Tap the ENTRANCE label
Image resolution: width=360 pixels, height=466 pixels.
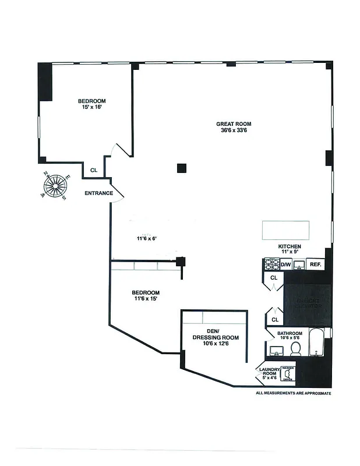point(98,193)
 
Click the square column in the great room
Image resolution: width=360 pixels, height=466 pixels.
point(182,168)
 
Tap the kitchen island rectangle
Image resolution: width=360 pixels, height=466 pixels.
point(286,230)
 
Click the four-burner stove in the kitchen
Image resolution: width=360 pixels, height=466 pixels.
point(272,264)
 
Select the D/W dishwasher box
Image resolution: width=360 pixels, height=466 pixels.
point(286,264)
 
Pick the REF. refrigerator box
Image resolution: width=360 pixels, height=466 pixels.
point(315,264)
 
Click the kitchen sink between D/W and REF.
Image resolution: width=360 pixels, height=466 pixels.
point(299,265)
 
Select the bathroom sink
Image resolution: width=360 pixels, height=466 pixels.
point(277,351)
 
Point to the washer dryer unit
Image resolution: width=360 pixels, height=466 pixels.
point(288,373)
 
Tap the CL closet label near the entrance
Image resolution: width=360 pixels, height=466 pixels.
point(93,171)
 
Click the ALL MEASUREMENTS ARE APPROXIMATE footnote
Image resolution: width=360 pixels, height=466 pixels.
point(294,393)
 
